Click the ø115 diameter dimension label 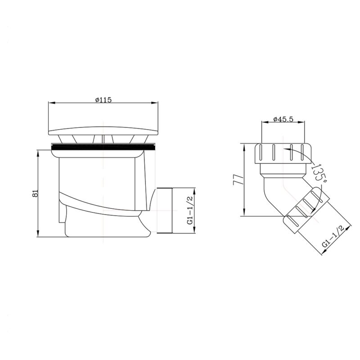[x=103, y=100]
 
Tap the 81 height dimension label [x=36, y=193]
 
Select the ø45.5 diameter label [x=283, y=119]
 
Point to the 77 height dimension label [x=238, y=180]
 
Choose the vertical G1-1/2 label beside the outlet [x=191, y=210]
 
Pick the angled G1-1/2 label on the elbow [x=333, y=237]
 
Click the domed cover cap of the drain [x=103, y=130]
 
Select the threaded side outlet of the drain [x=164, y=211]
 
